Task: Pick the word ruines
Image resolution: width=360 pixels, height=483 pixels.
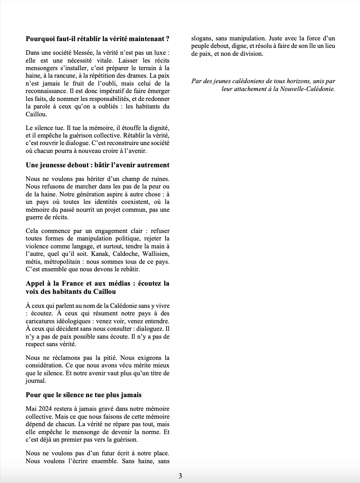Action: pos(159,179)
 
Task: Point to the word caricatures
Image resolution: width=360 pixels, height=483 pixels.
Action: pos(41,322)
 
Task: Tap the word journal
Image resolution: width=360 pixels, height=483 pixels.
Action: pos(36,381)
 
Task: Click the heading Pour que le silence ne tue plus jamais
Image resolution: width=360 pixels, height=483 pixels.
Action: pos(83,395)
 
